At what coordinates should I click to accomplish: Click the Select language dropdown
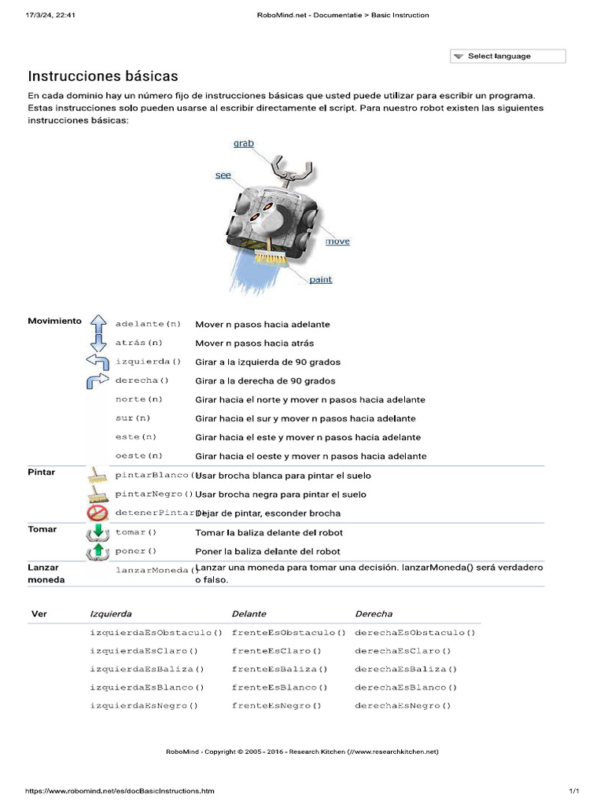507,57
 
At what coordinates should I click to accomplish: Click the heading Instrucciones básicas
103,76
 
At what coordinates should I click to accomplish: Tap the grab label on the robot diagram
244,144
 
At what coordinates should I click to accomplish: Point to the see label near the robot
223,175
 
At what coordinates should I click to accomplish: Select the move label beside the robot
337,241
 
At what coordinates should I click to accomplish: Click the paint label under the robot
320,280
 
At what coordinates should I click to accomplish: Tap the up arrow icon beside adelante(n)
98,324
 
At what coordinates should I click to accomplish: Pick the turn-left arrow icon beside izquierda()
98,362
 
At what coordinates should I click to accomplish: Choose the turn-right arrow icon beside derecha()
98,380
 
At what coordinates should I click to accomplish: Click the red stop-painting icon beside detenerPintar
98,513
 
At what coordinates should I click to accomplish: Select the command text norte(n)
139,399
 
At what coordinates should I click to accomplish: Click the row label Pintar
42,472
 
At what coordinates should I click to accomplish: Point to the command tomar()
136,532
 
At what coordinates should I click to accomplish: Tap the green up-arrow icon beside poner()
98,551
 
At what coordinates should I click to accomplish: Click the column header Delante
249,614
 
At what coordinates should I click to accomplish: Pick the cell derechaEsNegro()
403,706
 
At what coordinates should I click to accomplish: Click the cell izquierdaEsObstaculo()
157,633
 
